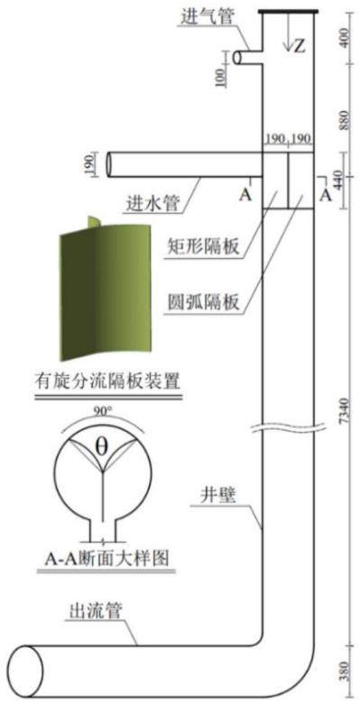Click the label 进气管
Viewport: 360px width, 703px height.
(x=203, y=17)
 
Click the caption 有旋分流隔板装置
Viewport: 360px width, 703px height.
(x=107, y=382)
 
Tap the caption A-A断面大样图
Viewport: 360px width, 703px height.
(x=106, y=558)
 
